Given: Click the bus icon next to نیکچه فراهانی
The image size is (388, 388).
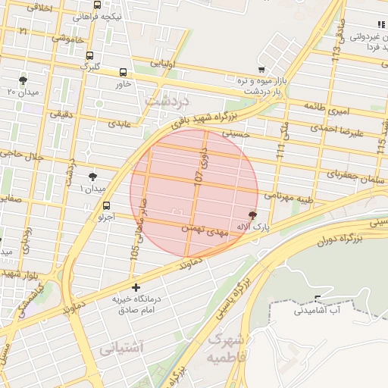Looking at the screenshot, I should coord(97,5).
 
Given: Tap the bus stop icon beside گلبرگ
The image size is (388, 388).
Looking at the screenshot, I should coord(90,56).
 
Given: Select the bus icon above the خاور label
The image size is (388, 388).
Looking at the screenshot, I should coord(123,72).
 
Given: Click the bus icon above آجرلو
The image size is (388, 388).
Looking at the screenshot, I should coord(106,205).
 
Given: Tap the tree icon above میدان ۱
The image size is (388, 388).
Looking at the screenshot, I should coord(92,176).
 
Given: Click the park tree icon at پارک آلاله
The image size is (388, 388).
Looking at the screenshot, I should coord(252,216).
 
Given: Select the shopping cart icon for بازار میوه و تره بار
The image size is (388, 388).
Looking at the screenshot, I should coord(262,70).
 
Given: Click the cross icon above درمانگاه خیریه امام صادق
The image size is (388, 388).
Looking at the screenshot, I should coord(136,287).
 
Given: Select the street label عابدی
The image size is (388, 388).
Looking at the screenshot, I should coord(120,122).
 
